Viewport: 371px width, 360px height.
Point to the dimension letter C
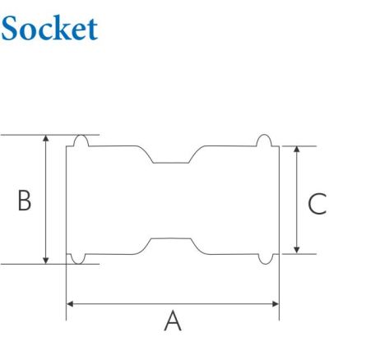(315, 202)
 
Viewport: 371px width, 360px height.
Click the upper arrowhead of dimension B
(46, 139)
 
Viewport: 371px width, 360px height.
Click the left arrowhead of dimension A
(69, 303)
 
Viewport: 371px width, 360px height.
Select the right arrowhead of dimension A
(276, 303)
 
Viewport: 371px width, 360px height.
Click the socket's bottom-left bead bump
(80, 260)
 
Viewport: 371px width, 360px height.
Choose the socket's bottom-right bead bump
(264, 260)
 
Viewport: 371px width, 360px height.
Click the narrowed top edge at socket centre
(172, 163)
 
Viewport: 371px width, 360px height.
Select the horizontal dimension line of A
(123, 303)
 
